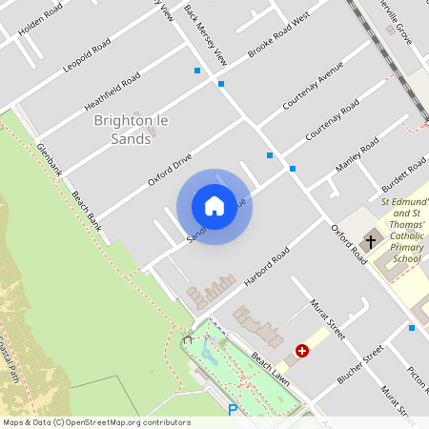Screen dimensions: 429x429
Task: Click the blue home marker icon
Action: point(214,206)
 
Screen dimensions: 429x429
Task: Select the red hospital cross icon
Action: point(302,351)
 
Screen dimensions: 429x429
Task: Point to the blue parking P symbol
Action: point(233,411)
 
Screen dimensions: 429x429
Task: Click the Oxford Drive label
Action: point(170,168)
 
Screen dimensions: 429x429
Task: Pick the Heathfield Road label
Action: point(112,88)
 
